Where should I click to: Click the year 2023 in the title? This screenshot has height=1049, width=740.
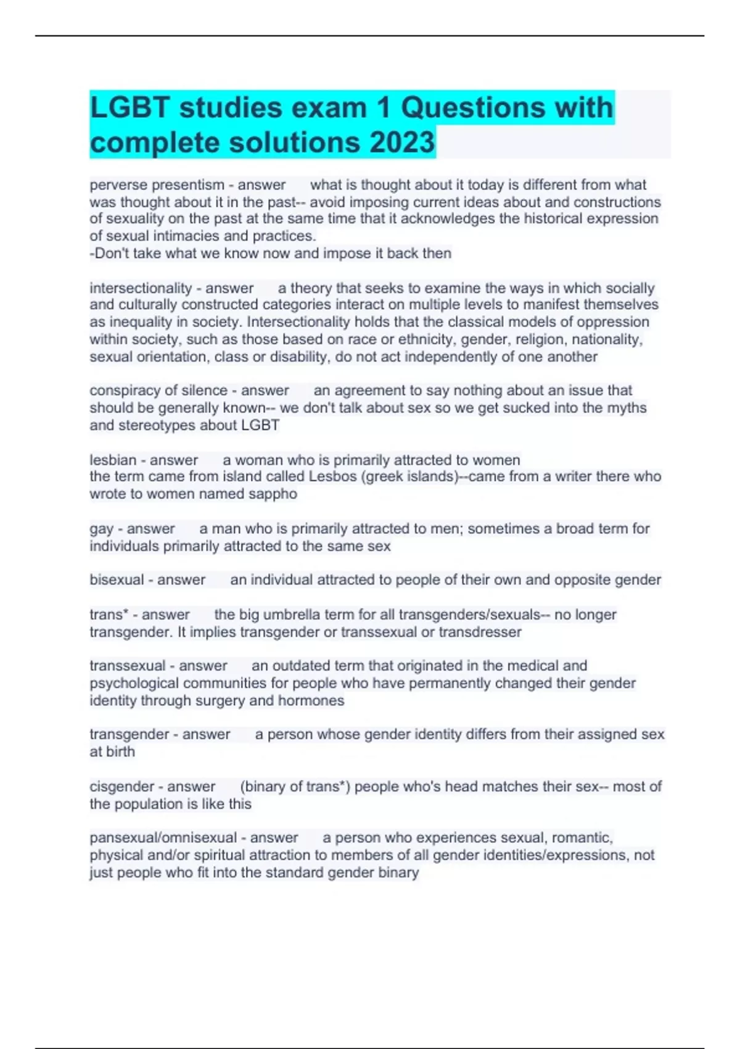(402, 142)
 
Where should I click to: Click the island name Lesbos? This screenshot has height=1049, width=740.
(333, 476)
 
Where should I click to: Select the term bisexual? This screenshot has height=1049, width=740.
(117, 580)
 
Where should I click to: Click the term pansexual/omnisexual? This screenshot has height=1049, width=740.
(163, 838)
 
